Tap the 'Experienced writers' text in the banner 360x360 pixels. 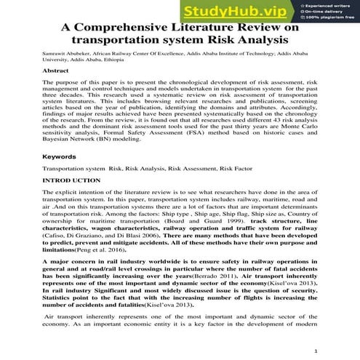tap(331, 4)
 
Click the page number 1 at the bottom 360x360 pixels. tap(317, 351)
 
